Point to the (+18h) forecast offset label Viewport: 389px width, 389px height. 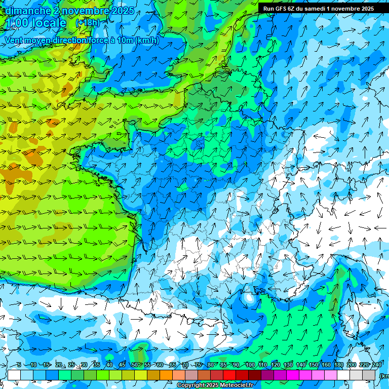click(x=88, y=23)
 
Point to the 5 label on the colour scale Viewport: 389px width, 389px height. click(x=19, y=365)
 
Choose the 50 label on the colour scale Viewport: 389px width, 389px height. click(x=134, y=365)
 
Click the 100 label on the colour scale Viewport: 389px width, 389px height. click(x=250, y=365)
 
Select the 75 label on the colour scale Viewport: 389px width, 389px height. click(x=198, y=365)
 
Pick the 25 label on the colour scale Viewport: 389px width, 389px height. click(x=71, y=365)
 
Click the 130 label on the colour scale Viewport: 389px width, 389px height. click(x=288, y=365)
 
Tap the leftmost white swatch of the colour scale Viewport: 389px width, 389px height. click(x=14, y=375)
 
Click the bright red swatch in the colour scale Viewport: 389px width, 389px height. click(x=230, y=375)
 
